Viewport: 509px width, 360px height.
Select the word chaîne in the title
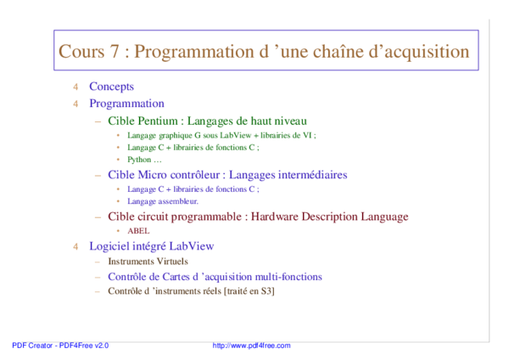336,52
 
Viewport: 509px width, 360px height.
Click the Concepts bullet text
111,87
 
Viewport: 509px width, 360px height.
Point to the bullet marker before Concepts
75,87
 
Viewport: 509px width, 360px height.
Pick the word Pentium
159,121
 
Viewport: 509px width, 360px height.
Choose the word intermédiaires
309,175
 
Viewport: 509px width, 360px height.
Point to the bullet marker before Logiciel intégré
75,246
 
